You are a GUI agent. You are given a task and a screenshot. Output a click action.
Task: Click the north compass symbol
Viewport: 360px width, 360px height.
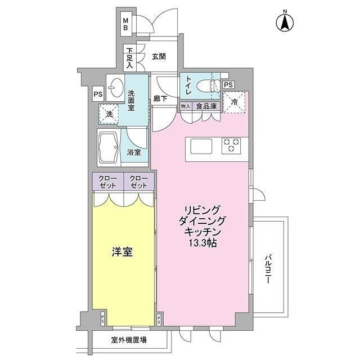click(285, 22)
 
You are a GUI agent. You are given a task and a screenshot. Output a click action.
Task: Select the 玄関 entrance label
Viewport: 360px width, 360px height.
click(159, 56)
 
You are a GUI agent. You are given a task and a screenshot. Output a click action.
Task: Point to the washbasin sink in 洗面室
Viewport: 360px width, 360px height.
click(116, 87)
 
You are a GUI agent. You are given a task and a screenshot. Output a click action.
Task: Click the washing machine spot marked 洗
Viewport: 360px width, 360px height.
click(109, 114)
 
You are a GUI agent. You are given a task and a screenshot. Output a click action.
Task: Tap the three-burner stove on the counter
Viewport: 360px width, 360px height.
click(232, 146)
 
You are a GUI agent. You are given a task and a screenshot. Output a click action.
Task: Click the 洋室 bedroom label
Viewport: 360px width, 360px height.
click(122, 253)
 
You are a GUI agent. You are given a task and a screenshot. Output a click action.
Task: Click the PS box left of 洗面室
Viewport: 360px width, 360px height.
click(98, 95)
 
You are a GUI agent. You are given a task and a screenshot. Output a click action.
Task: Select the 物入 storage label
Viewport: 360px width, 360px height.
click(185, 106)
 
